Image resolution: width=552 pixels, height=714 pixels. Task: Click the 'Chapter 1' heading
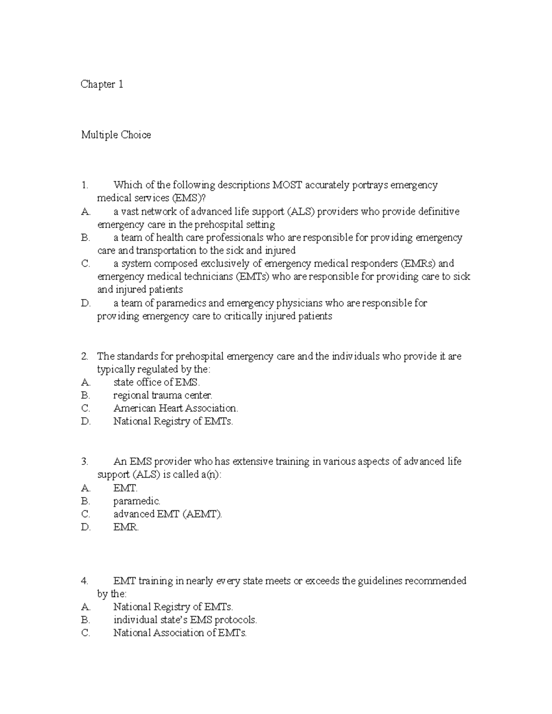tap(102, 84)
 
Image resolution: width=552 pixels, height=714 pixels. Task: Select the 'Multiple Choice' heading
tap(116, 135)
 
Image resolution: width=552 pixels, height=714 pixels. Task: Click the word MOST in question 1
tap(287, 185)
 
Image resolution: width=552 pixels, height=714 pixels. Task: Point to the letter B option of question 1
tap(85, 238)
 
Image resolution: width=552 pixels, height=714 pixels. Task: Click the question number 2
tap(84, 356)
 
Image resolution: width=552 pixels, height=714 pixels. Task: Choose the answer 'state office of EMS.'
tap(157, 382)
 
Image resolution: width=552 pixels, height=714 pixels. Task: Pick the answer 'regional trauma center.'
tap(163, 395)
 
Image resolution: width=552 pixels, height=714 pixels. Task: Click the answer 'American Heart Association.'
tap(176, 408)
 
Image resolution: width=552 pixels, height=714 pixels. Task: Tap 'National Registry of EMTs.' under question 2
tap(173, 421)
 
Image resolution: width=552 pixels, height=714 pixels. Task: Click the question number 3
tap(84, 461)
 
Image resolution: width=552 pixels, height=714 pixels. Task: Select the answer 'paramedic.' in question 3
tap(137, 501)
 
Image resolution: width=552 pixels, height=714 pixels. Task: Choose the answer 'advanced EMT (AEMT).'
tap(167, 514)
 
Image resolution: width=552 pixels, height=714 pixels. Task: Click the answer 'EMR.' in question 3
tap(126, 527)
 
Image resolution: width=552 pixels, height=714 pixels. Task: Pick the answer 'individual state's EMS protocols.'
tap(185, 620)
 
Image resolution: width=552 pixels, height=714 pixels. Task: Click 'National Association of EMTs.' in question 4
tap(180, 633)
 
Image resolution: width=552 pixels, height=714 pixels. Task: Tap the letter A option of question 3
tap(85, 488)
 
